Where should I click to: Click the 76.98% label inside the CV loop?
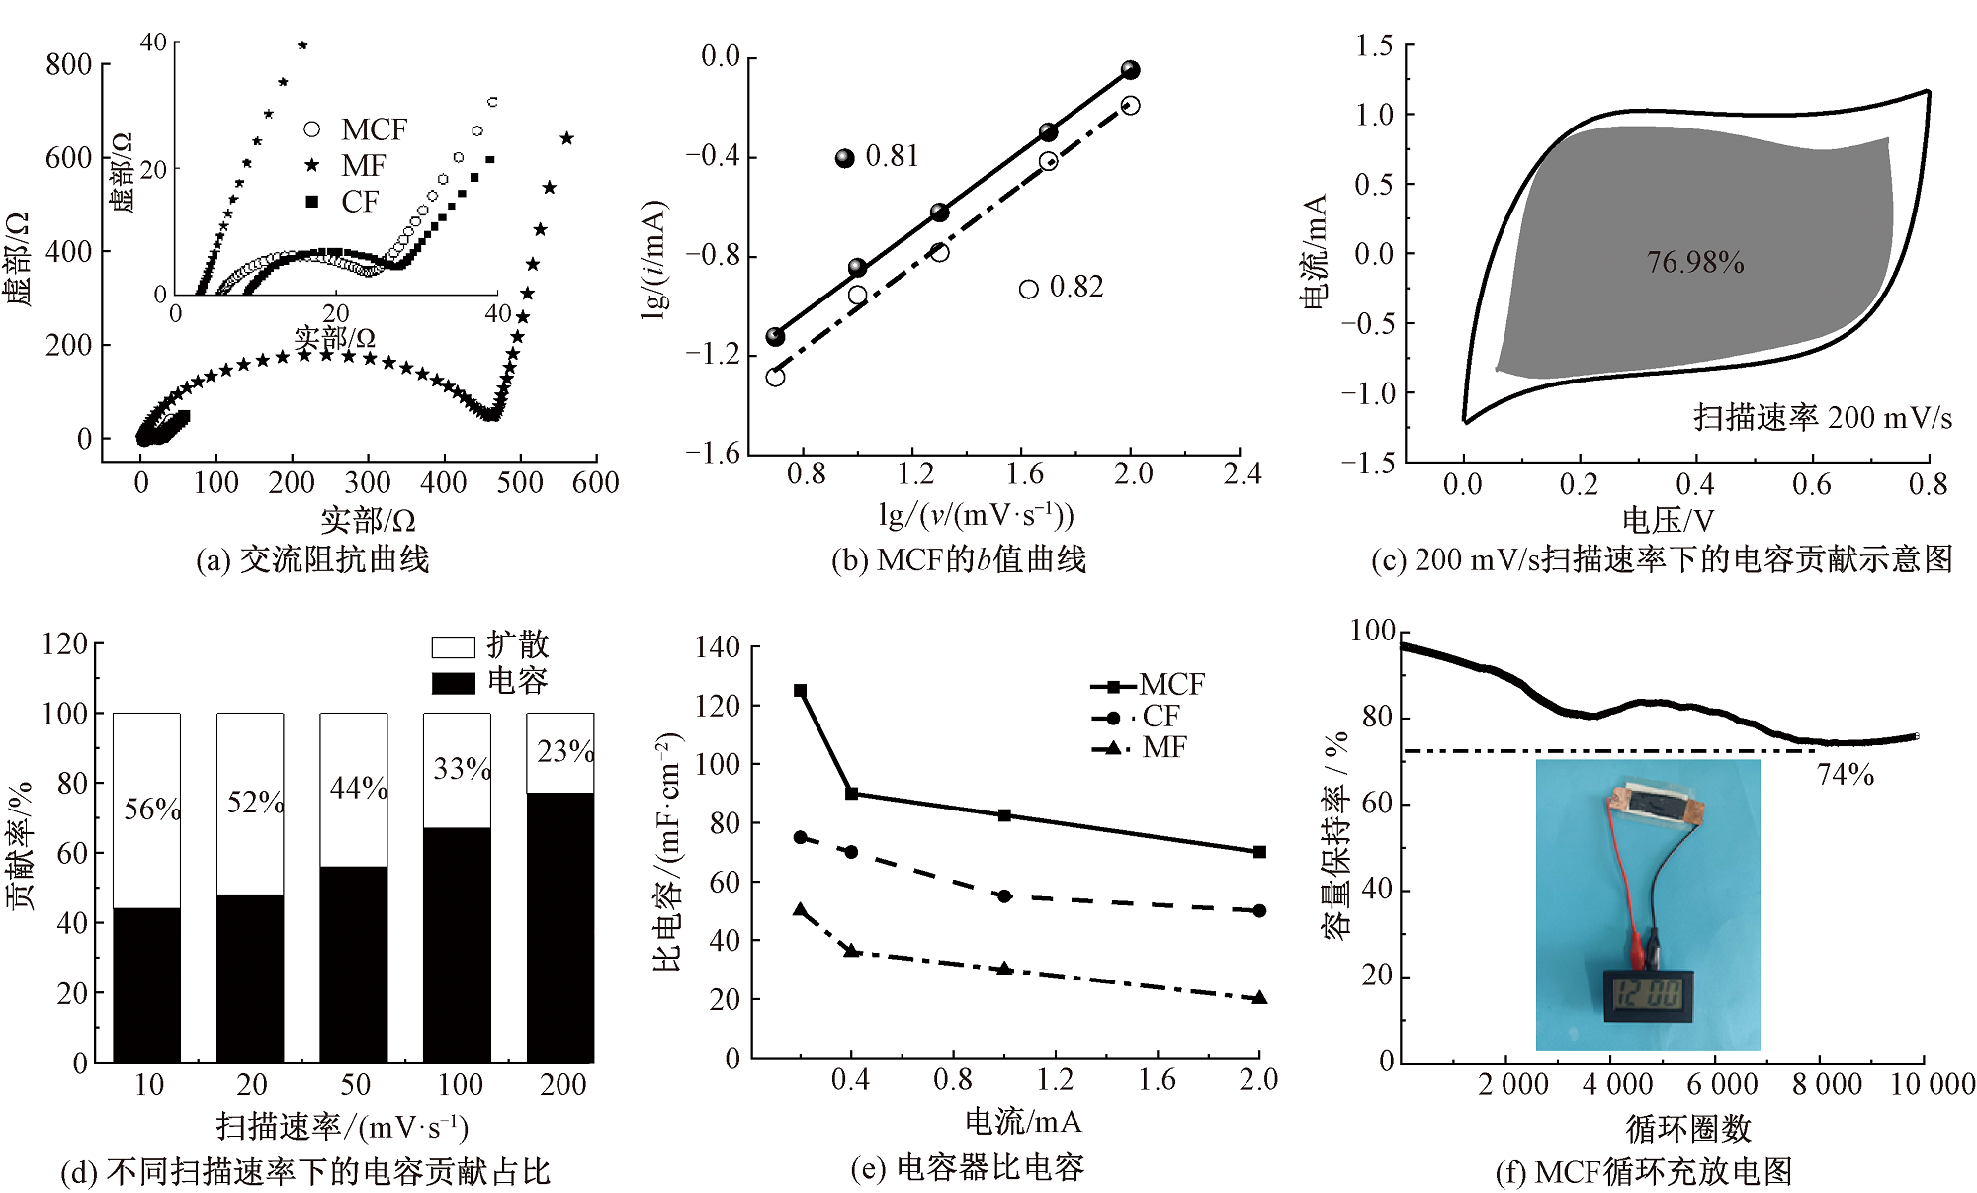click(x=1694, y=262)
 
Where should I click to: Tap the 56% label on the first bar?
click(x=152, y=810)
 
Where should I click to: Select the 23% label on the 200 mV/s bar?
click(x=565, y=752)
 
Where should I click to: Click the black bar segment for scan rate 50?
click(x=353, y=964)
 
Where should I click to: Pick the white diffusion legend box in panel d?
click(x=453, y=647)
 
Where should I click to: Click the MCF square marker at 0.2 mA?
click(x=801, y=691)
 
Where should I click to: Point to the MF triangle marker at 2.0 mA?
click(x=1259, y=998)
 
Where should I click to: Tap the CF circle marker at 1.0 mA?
click(x=1004, y=896)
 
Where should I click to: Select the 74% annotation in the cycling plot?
click(x=1845, y=775)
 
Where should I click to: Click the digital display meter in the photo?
click(x=1648, y=995)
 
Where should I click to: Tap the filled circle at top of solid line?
click(x=1131, y=70)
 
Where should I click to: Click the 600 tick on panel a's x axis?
click(x=595, y=483)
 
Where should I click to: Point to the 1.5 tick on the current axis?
click(x=1374, y=45)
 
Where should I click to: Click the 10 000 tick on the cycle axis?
click(x=1932, y=1085)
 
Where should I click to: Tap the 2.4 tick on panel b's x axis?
click(x=1243, y=474)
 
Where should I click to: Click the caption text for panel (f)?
click(x=1643, y=1172)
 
